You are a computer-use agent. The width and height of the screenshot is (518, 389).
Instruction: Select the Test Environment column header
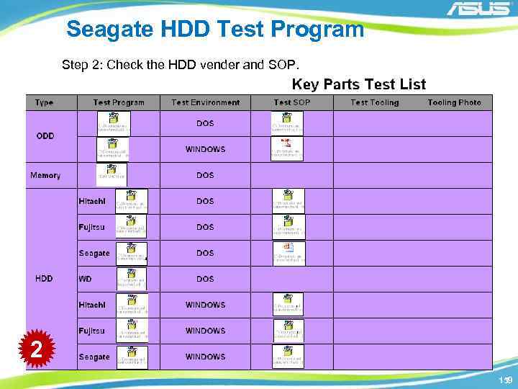pyautogui.click(x=205, y=102)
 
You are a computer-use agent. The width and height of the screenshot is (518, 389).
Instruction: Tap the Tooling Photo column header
pyautogui.click(x=454, y=102)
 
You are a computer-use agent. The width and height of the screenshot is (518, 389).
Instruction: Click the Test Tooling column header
pyautogui.click(x=374, y=102)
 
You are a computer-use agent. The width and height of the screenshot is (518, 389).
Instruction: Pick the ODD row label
pyautogui.click(x=45, y=135)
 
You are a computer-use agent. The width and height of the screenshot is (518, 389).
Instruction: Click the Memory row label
pyautogui.click(x=45, y=175)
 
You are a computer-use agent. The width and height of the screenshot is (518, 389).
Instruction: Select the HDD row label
pyautogui.click(x=44, y=279)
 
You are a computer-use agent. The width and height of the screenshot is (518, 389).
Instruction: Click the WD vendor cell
pyautogui.click(x=86, y=279)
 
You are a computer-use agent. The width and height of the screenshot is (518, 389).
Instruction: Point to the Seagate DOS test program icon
pyautogui.click(x=132, y=253)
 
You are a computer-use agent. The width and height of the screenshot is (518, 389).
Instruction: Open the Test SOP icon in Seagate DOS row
pyautogui.click(x=288, y=253)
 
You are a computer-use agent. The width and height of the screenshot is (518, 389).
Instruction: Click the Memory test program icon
pyautogui.click(x=112, y=174)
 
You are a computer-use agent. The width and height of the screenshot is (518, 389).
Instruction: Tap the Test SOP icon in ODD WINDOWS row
pyautogui.click(x=287, y=148)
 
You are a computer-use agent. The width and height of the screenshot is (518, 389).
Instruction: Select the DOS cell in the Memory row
pyautogui.click(x=205, y=175)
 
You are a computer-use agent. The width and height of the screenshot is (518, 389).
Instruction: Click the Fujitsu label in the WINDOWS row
pyautogui.click(x=91, y=331)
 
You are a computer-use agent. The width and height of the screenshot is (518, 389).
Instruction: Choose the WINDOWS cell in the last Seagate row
pyautogui.click(x=205, y=357)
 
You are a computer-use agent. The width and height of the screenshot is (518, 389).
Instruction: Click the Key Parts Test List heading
pyautogui.click(x=358, y=84)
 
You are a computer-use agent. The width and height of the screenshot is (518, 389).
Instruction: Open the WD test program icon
pyautogui.click(x=132, y=279)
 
